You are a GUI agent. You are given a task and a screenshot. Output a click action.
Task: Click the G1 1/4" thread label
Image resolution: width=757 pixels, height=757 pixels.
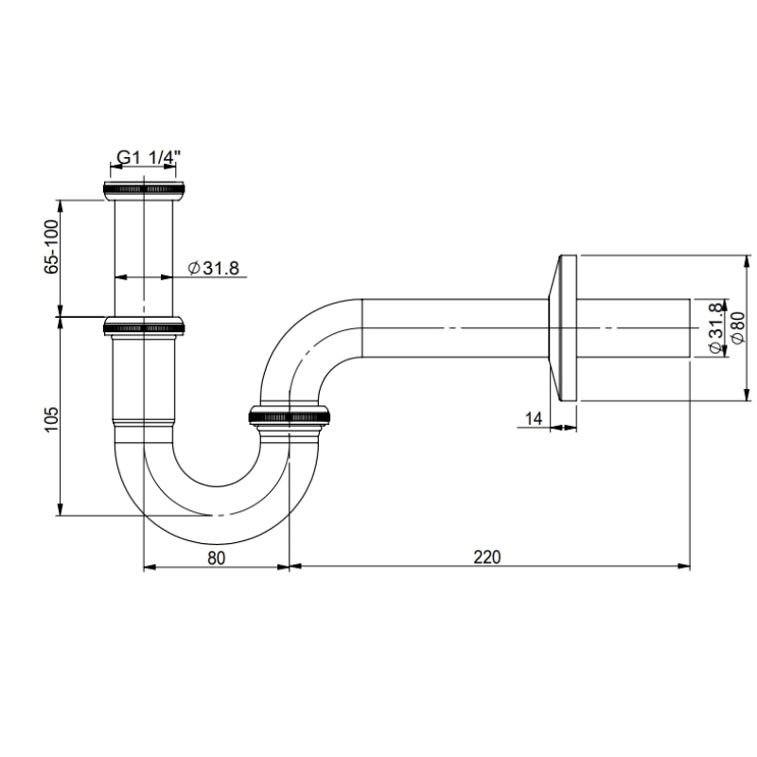click(146, 158)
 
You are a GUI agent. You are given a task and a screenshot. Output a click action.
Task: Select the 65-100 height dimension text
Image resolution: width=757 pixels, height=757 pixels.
click(52, 246)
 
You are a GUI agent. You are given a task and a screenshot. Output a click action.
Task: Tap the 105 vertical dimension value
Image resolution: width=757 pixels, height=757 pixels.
click(52, 418)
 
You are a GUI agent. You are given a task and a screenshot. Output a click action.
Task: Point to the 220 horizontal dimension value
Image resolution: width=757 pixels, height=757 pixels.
click(486, 556)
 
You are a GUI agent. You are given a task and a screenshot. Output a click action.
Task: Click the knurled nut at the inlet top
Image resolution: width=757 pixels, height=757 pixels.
click(144, 189)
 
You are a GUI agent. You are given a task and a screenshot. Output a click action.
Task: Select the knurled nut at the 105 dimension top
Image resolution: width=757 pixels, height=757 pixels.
click(144, 327)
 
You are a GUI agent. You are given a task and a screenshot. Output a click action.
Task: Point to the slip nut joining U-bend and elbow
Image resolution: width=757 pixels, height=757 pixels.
click(290, 414)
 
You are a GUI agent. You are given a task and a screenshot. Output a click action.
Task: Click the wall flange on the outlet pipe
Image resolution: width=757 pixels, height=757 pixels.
click(565, 327)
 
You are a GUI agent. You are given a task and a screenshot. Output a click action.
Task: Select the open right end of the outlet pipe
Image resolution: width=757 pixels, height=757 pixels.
click(688, 327)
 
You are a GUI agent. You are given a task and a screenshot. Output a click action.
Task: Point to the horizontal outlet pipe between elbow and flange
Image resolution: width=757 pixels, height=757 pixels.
click(454, 327)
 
